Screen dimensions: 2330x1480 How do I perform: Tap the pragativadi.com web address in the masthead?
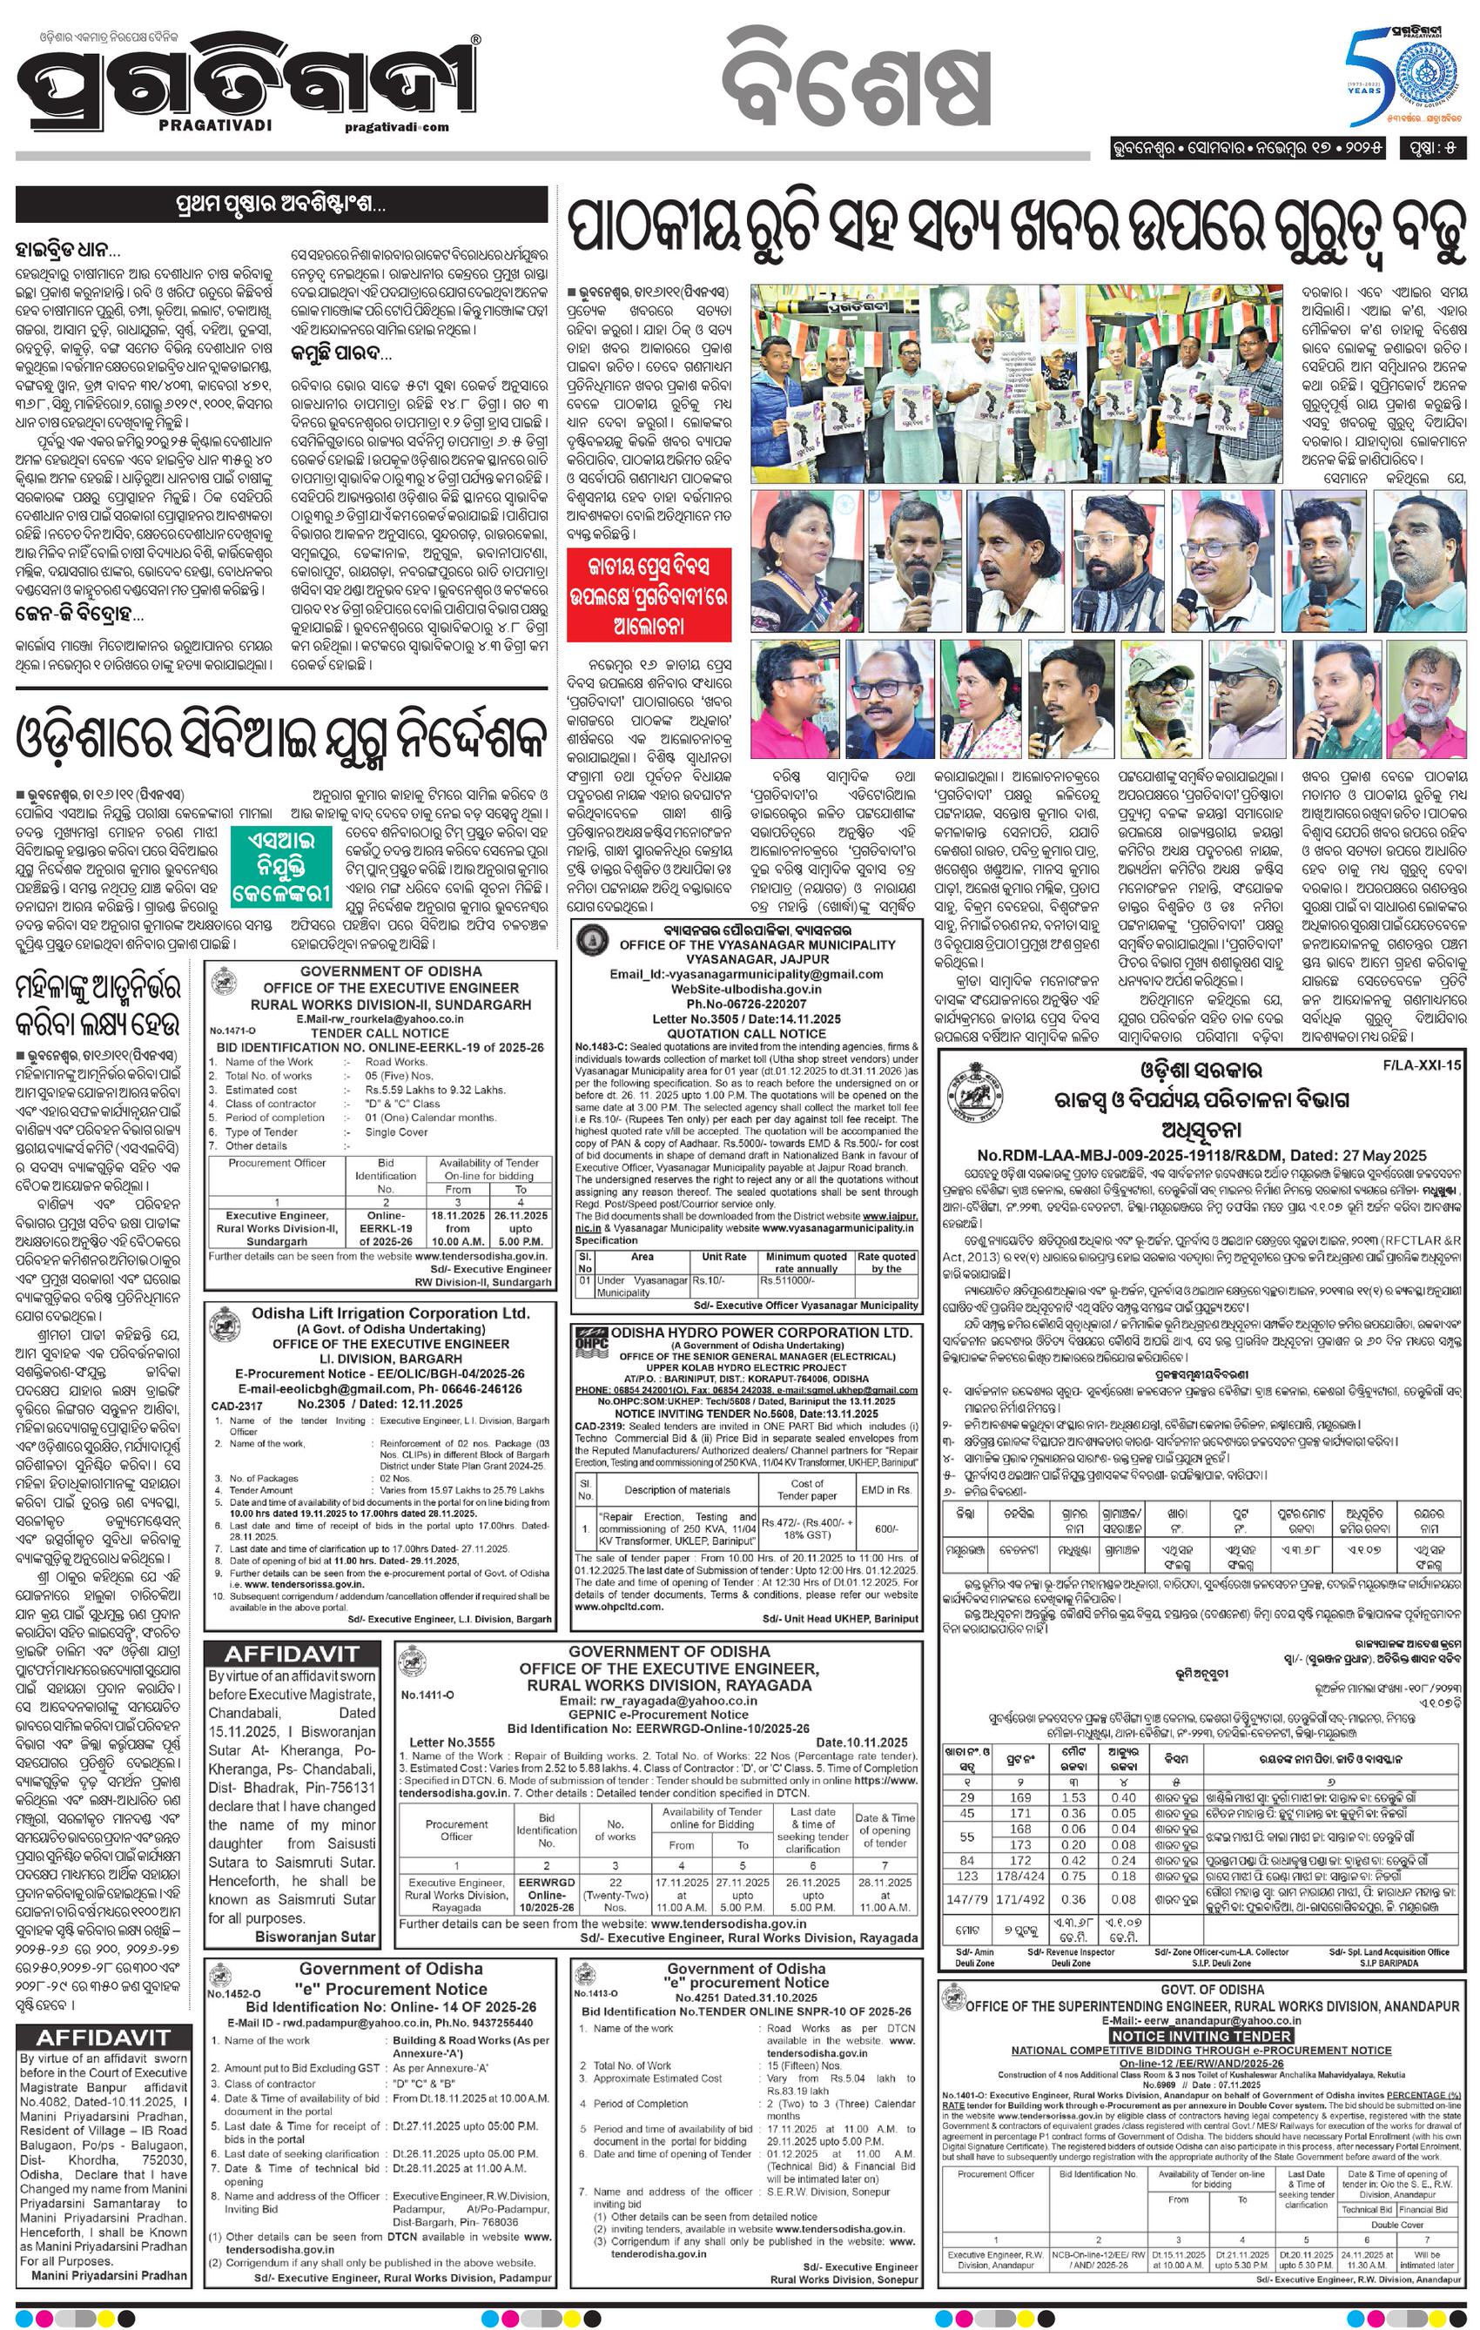395,127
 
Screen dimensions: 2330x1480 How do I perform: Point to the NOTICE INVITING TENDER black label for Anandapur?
1201,2036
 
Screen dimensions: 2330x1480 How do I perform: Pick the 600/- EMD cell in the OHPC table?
885,1529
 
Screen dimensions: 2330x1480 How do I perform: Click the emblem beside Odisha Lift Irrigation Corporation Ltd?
225,1324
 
